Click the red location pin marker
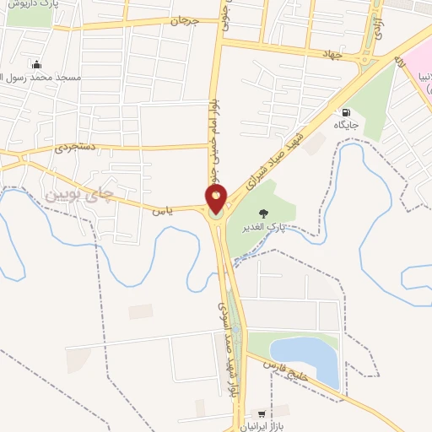(x=216, y=197)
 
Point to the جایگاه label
(x=345, y=126)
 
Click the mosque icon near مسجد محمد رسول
(x=36, y=64)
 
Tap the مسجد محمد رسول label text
(x=40, y=78)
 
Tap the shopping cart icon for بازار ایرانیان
(x=262, y=414)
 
